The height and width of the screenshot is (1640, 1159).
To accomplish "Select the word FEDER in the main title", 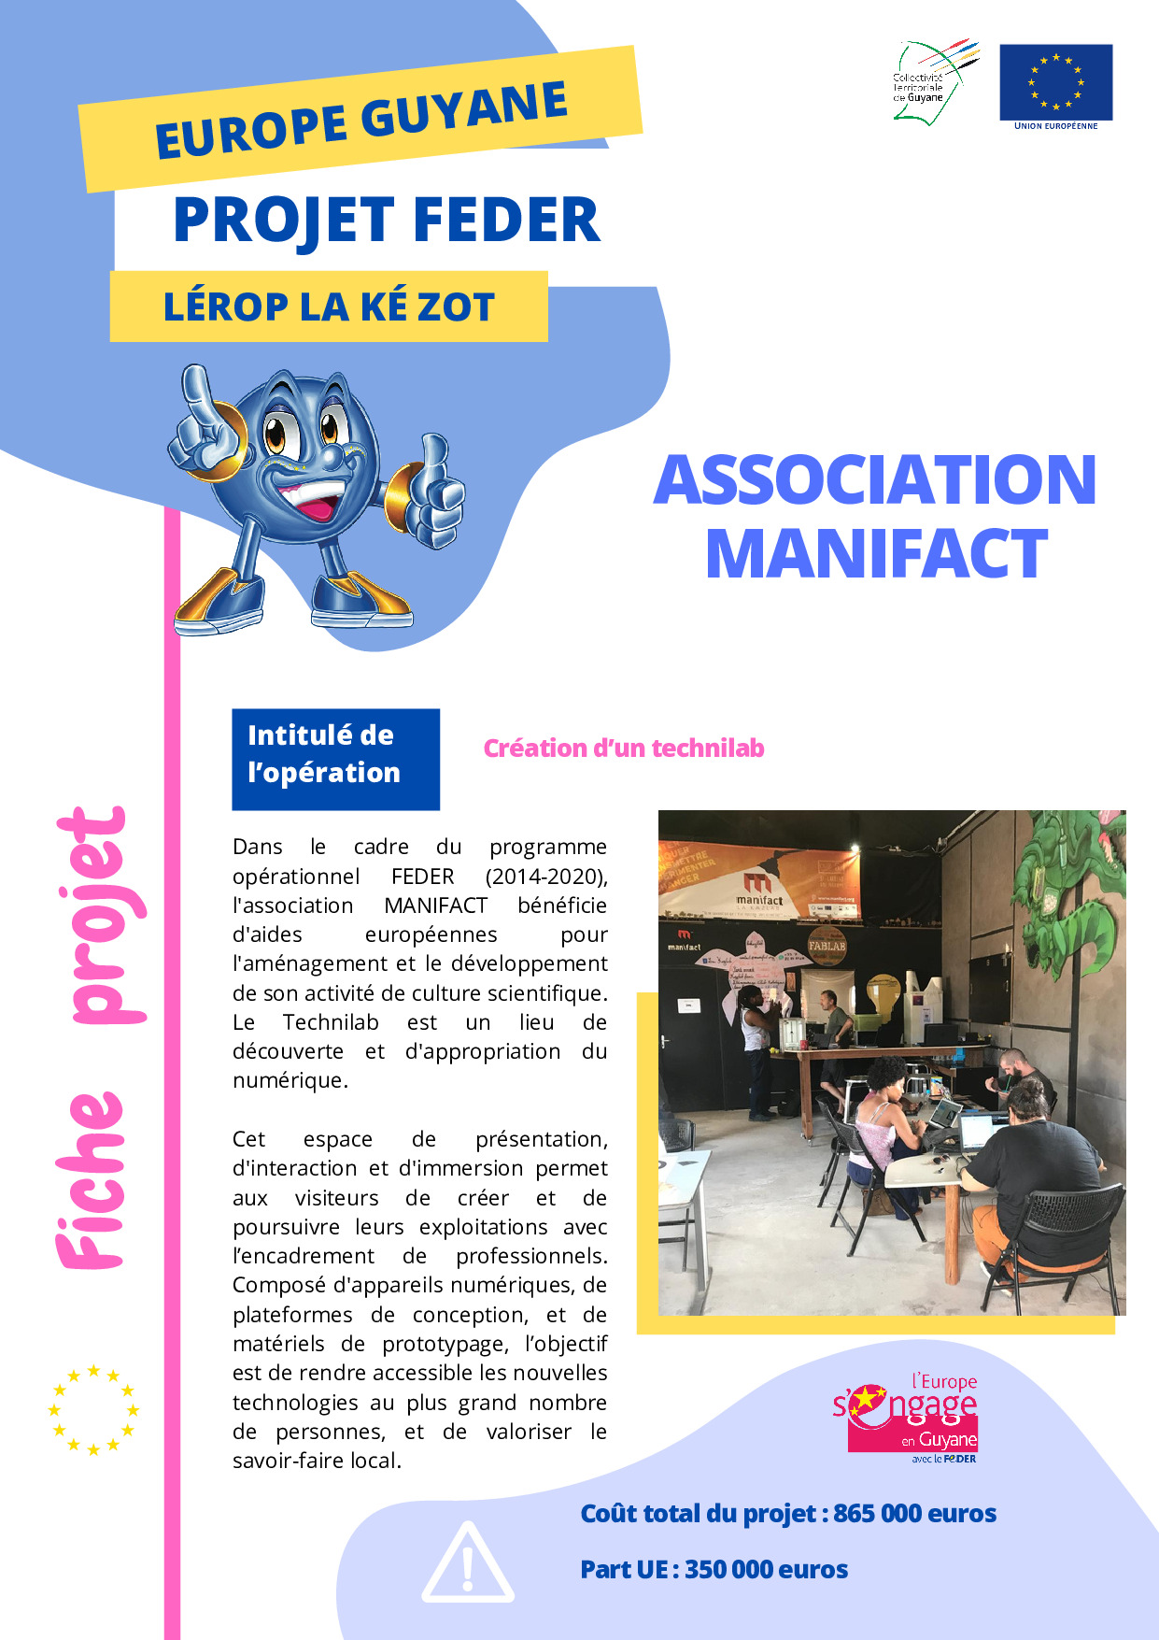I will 505,221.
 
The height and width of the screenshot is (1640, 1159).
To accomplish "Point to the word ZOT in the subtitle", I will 456,307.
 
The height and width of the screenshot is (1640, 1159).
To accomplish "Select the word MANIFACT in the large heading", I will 876,554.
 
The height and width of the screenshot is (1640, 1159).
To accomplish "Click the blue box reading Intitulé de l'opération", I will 335,759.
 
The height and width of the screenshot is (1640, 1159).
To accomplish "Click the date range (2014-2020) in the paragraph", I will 546,877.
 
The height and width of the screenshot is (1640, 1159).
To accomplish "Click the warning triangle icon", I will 467,1562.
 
